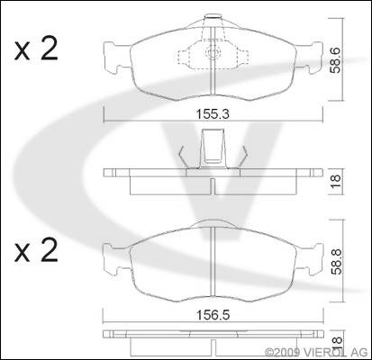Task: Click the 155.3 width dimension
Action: click(213, 114)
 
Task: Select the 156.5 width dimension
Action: click(213, 315)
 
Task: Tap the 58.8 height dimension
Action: click(335, 263)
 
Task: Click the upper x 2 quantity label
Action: click(36, 49)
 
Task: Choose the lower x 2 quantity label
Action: click(36, 250)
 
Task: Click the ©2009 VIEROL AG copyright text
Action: click(316, 352)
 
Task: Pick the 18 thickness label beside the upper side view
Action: click(335, 181)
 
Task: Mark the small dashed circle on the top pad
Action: click(212, 53)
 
